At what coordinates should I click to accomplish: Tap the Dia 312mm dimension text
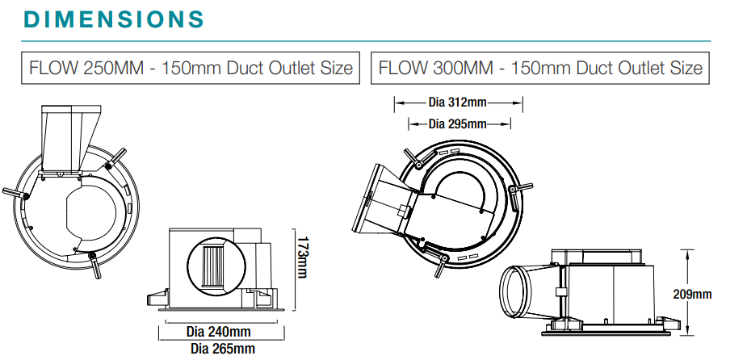[x=457, y=103]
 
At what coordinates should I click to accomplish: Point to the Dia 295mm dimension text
[x=457, y=123]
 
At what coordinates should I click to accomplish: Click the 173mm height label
[x=302, y=257]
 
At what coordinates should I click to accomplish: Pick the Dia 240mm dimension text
[x=218, y=332]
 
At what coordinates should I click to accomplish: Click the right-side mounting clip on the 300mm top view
[x=518, y=190]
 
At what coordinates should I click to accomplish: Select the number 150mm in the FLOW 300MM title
[x=523, y=68]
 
